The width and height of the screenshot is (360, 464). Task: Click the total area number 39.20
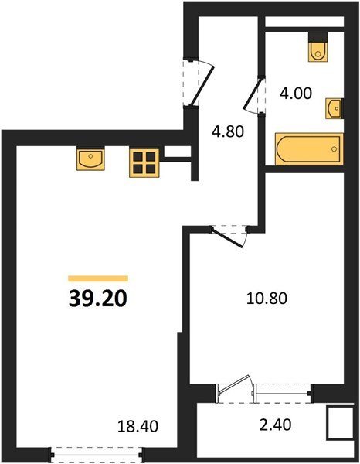point(98,299)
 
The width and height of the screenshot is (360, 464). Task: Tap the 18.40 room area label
point(138,426)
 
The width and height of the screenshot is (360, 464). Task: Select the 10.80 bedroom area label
point(267,299)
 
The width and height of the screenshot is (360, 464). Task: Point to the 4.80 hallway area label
point(228,131)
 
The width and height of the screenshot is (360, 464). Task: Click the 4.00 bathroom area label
point(296,94)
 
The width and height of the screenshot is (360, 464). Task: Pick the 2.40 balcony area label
point(276,425)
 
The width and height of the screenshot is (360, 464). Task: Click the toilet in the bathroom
point(318,52)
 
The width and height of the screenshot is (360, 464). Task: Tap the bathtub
point(309,148)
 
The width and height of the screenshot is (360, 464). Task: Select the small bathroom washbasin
point(335,108)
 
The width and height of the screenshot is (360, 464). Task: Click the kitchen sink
point(90,159)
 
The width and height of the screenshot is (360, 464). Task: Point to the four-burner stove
point(144,163)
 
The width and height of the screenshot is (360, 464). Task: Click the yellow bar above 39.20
point(98,278)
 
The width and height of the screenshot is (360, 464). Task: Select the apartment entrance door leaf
point(202,86)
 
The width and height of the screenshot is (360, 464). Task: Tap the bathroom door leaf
point(253,94)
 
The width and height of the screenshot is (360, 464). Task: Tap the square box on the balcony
point(341,422)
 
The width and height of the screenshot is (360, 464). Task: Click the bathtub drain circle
point(335,148)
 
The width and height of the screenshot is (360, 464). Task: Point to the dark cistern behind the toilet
point(318,37)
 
